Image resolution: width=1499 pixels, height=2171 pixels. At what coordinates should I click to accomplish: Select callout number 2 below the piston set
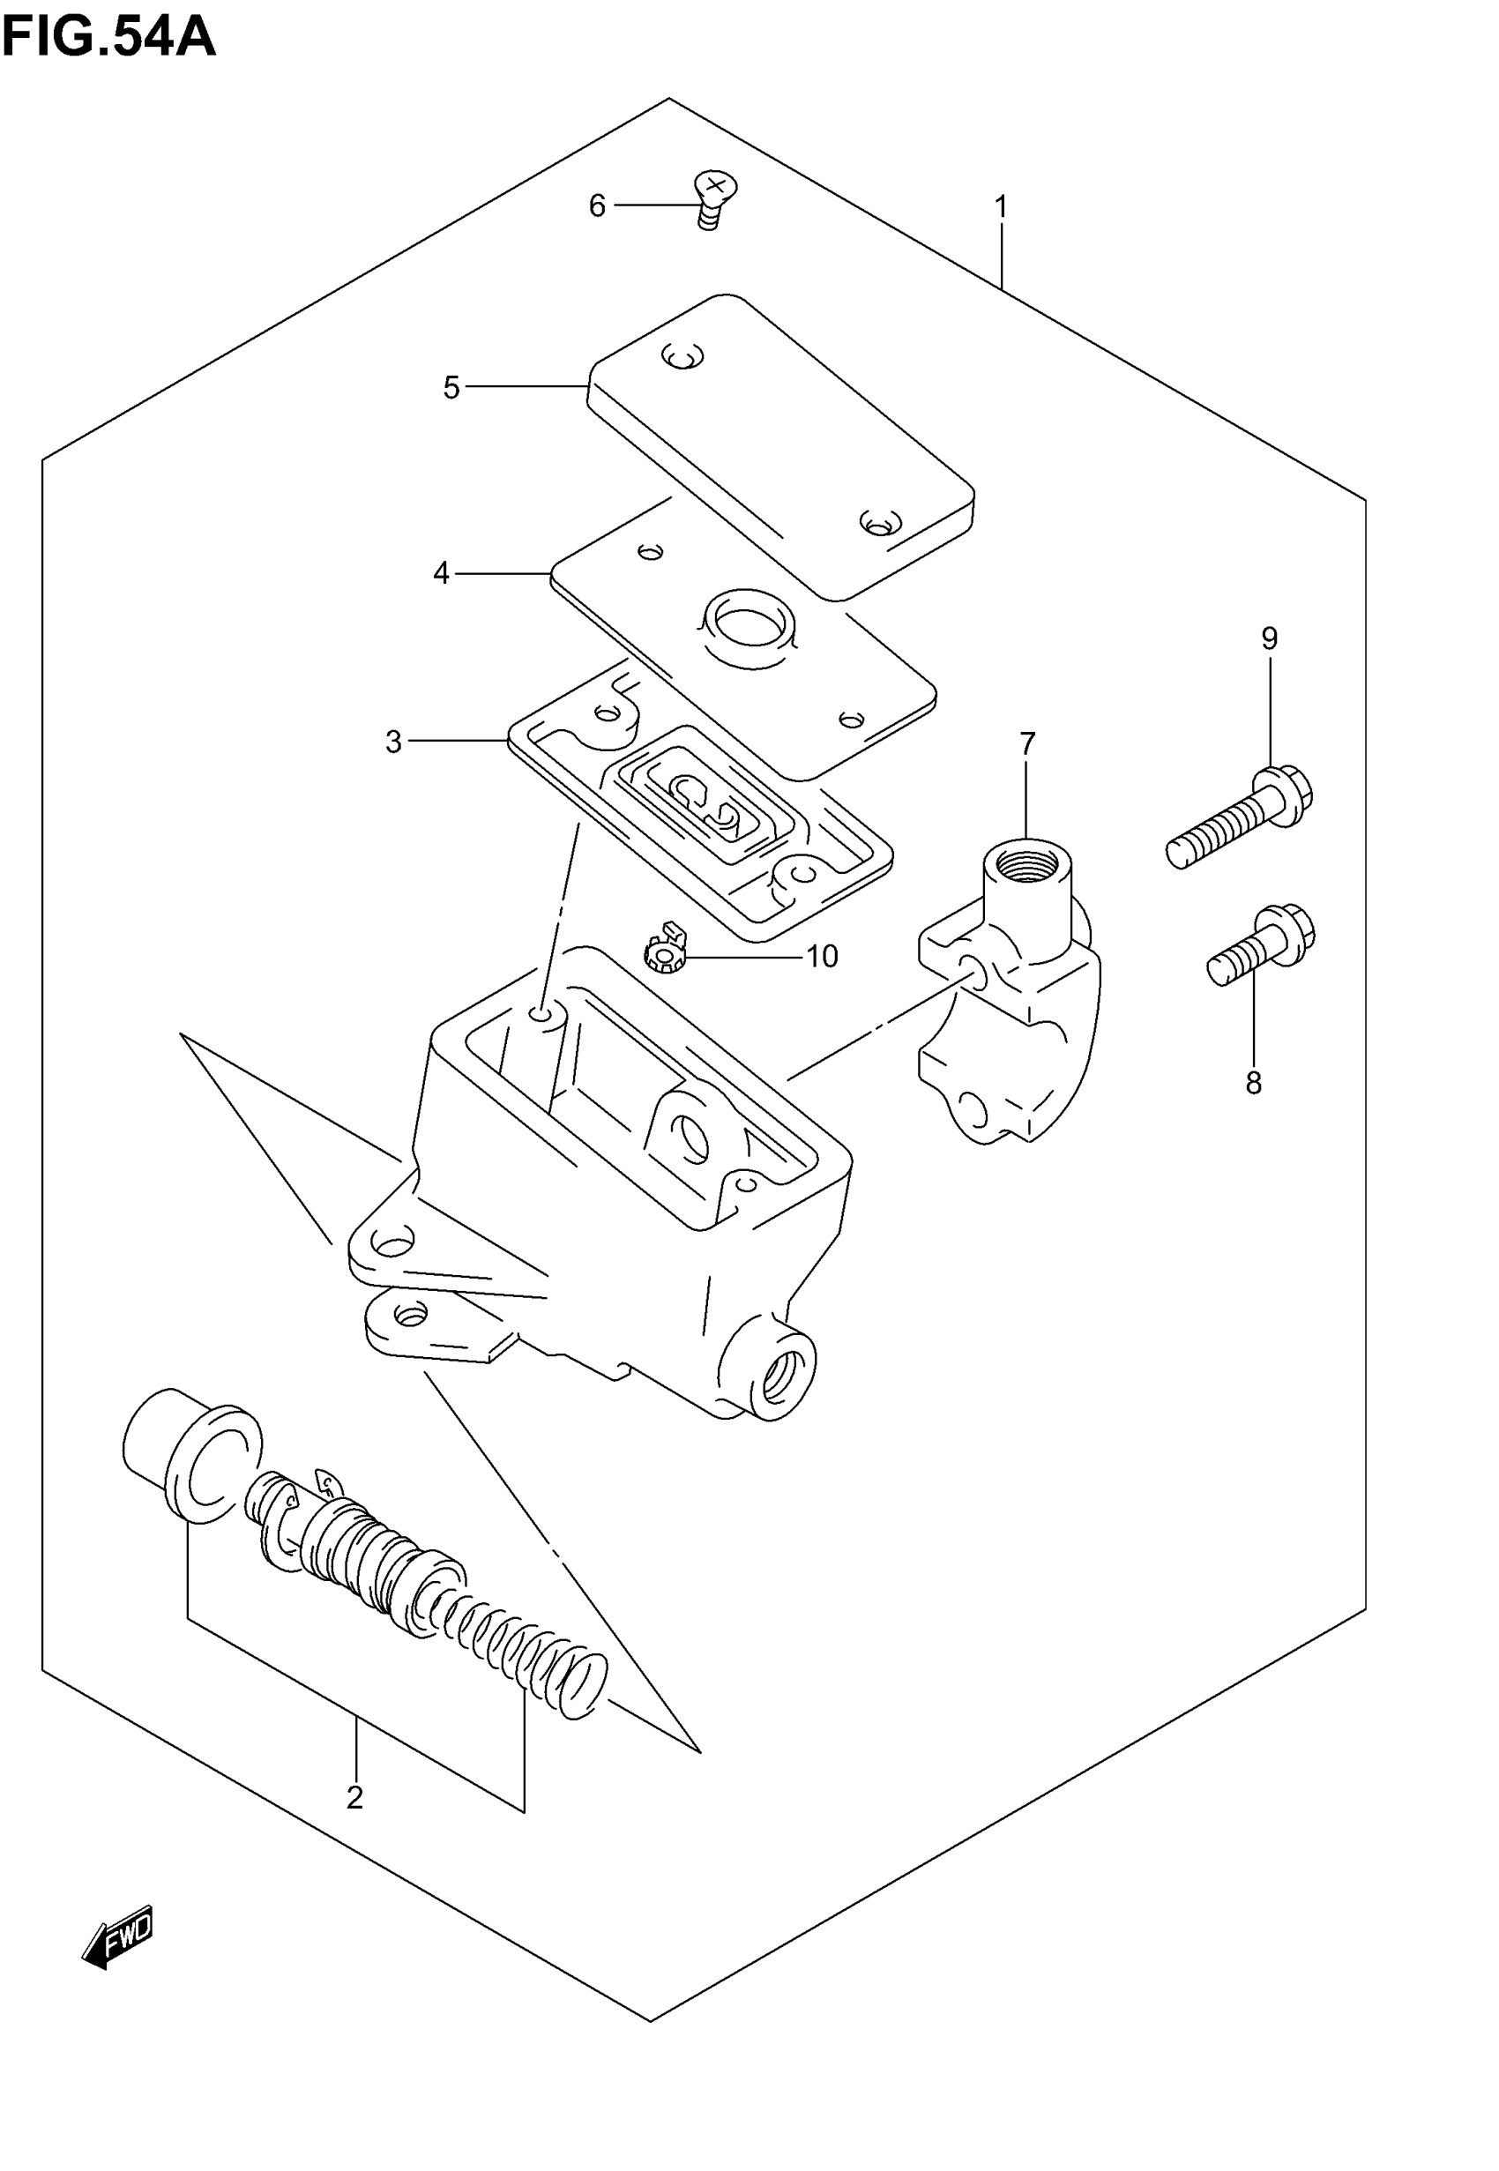354,1796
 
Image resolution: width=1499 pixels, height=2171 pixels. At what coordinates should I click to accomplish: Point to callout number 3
393,742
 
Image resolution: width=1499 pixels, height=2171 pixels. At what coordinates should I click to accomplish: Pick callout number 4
442,573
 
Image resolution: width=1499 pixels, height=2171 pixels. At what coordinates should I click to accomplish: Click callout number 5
451,387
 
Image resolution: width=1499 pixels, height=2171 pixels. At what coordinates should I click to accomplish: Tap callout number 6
597,205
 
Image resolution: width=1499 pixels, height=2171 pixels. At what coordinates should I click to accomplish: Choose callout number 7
1027,743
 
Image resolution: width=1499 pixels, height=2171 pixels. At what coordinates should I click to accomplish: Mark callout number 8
1253,1084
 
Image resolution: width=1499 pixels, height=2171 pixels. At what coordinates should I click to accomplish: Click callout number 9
1269,639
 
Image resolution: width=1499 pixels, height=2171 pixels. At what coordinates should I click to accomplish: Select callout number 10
822,957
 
